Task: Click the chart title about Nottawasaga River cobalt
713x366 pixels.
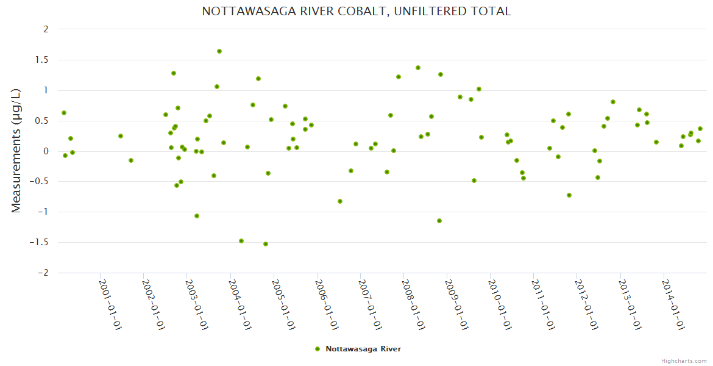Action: pyautogui.click(x=357, y=12)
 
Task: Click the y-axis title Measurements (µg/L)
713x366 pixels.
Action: pyautogui.click(x=16, y=150)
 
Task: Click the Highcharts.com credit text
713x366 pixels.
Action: pyautogui.click(x=684, y=361)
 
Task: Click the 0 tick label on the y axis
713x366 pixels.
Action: pyautogui.click(x=46, y=151)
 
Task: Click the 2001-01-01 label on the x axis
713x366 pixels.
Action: pyautogui.click(x=111, y=304)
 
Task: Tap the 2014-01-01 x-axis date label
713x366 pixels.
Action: pyautogui.click(x=673, y=304)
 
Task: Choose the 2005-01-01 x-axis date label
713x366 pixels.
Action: pyautogui.click(x=284, y=304)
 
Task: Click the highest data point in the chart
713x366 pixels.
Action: pyautogui.click(x=219, y=51)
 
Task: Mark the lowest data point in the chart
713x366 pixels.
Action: pyautogui.click(x=266, y=244)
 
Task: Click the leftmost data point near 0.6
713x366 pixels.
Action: pyautogui.click(x=64, y=113)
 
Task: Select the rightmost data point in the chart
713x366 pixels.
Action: pyautogui.click(x=700, y=129)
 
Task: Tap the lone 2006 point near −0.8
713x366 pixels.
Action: pyautogui.click(x=340, y=201)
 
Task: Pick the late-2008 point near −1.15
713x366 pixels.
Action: pyautogui.click(x=439, y=221)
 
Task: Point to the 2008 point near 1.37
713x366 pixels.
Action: pyautogui.click(x=418, y=68)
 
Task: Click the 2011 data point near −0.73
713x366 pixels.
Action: pyautogui.click(x=569, y=195)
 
